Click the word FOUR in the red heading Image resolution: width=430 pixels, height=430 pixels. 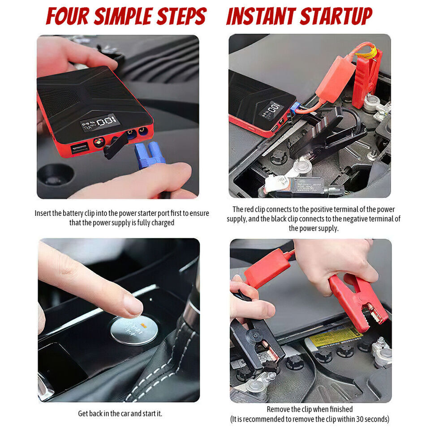pyautogui.click(x=67, y=16)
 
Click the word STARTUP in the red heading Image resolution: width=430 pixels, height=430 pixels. pyautogui.click(x=336, y=16)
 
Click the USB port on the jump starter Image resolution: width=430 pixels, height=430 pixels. pyautogui.click(x=80, y=148)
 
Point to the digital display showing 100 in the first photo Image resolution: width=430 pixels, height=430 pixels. pyautogui.click(x=100, y=123)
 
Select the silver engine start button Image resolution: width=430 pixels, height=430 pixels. pyautogui.click(x=134, y=330)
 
